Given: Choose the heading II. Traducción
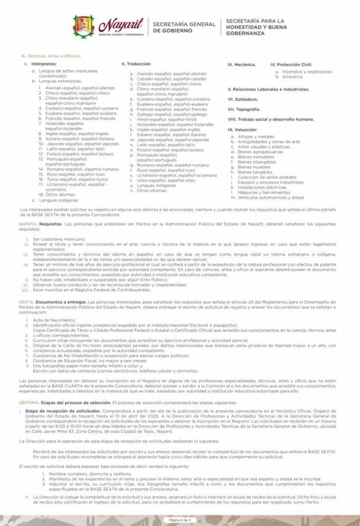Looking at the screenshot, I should (x=136, y=64).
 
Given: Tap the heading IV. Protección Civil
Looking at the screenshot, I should (x=291, y=65).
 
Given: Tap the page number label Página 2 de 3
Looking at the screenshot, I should (x=180, y=520).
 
